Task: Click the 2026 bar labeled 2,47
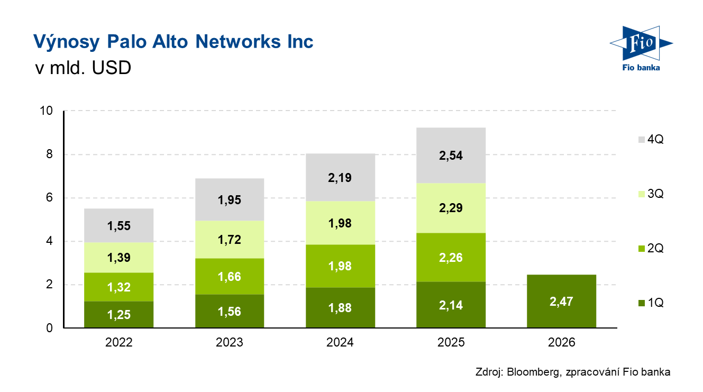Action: coord(562,301)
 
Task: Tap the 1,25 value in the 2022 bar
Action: coord(118,315)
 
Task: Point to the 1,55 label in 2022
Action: coord(118,226)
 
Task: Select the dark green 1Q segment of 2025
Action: coord(451,305)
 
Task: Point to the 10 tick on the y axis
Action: coord(47,111)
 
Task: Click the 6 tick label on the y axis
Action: coord(49,198)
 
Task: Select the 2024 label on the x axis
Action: coord(340,343)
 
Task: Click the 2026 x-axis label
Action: coord(562,343)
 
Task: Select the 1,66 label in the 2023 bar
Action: coord(230,277)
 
